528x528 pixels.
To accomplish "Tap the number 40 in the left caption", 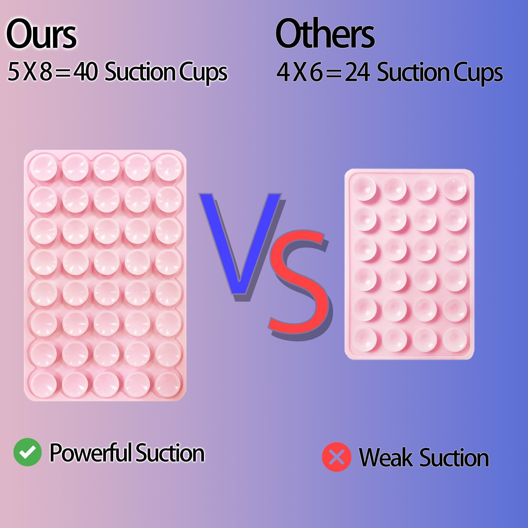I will pos(85,72).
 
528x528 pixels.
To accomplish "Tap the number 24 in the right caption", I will pos(357,73).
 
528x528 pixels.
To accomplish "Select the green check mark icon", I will pos(27,452).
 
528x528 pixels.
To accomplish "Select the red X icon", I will pos(336,457).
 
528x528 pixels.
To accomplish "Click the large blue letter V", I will pos(240,244).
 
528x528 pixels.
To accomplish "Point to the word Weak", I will pos(386,458).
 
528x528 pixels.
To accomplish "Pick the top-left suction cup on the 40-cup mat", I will pos(43,168).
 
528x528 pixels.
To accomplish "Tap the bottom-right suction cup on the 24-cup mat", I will pos(455,338).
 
